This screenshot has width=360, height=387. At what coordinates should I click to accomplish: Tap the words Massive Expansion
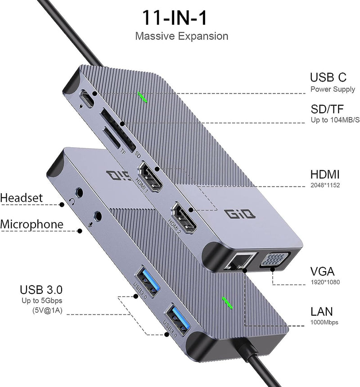pyautogui.click(x=181, y=36)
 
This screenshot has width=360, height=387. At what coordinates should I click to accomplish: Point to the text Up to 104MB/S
pyautogui.click(x=335, y=120)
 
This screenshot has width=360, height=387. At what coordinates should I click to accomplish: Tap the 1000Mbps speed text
pyautogui.click(x=324, y=323)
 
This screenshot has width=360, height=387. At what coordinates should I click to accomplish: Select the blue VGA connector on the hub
pyautogui.click(x=273, y=261)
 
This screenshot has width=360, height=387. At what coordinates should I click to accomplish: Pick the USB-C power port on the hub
pyautogui.click(x=87, y=97)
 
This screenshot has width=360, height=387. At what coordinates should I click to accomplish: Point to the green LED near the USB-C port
pyautogui.click(x=143, y=97)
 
